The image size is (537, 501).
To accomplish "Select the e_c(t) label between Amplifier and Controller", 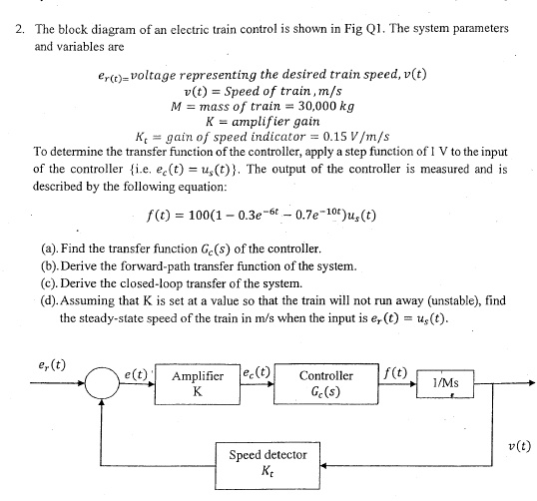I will pyautogui.click(x=257, y=375).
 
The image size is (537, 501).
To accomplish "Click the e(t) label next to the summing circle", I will pyautogui.click(x=135, y=375).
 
